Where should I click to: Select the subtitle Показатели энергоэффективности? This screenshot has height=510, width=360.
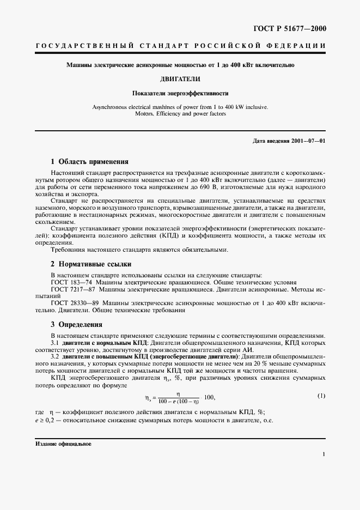pos(179,93)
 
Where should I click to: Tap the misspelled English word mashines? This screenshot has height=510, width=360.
pos(163,107)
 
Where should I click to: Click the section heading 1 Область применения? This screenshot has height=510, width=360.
pos(89,162)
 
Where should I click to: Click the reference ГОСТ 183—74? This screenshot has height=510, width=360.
pos(69,282)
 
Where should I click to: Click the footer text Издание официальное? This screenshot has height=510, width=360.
pos(64,444)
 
